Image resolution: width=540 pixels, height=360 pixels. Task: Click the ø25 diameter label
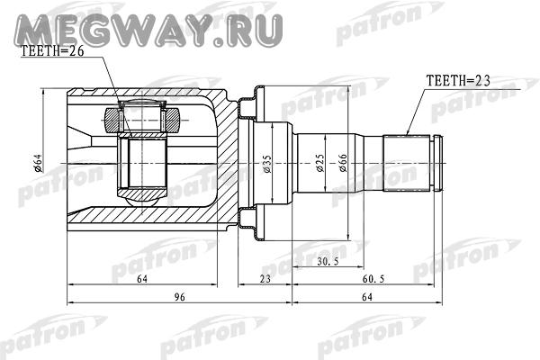coord(319,162)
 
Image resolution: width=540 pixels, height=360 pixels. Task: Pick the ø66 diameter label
coord(344,162)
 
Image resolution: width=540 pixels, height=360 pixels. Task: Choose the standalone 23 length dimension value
coord(265,282)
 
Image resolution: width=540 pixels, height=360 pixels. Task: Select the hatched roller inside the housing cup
coord(144,116)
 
